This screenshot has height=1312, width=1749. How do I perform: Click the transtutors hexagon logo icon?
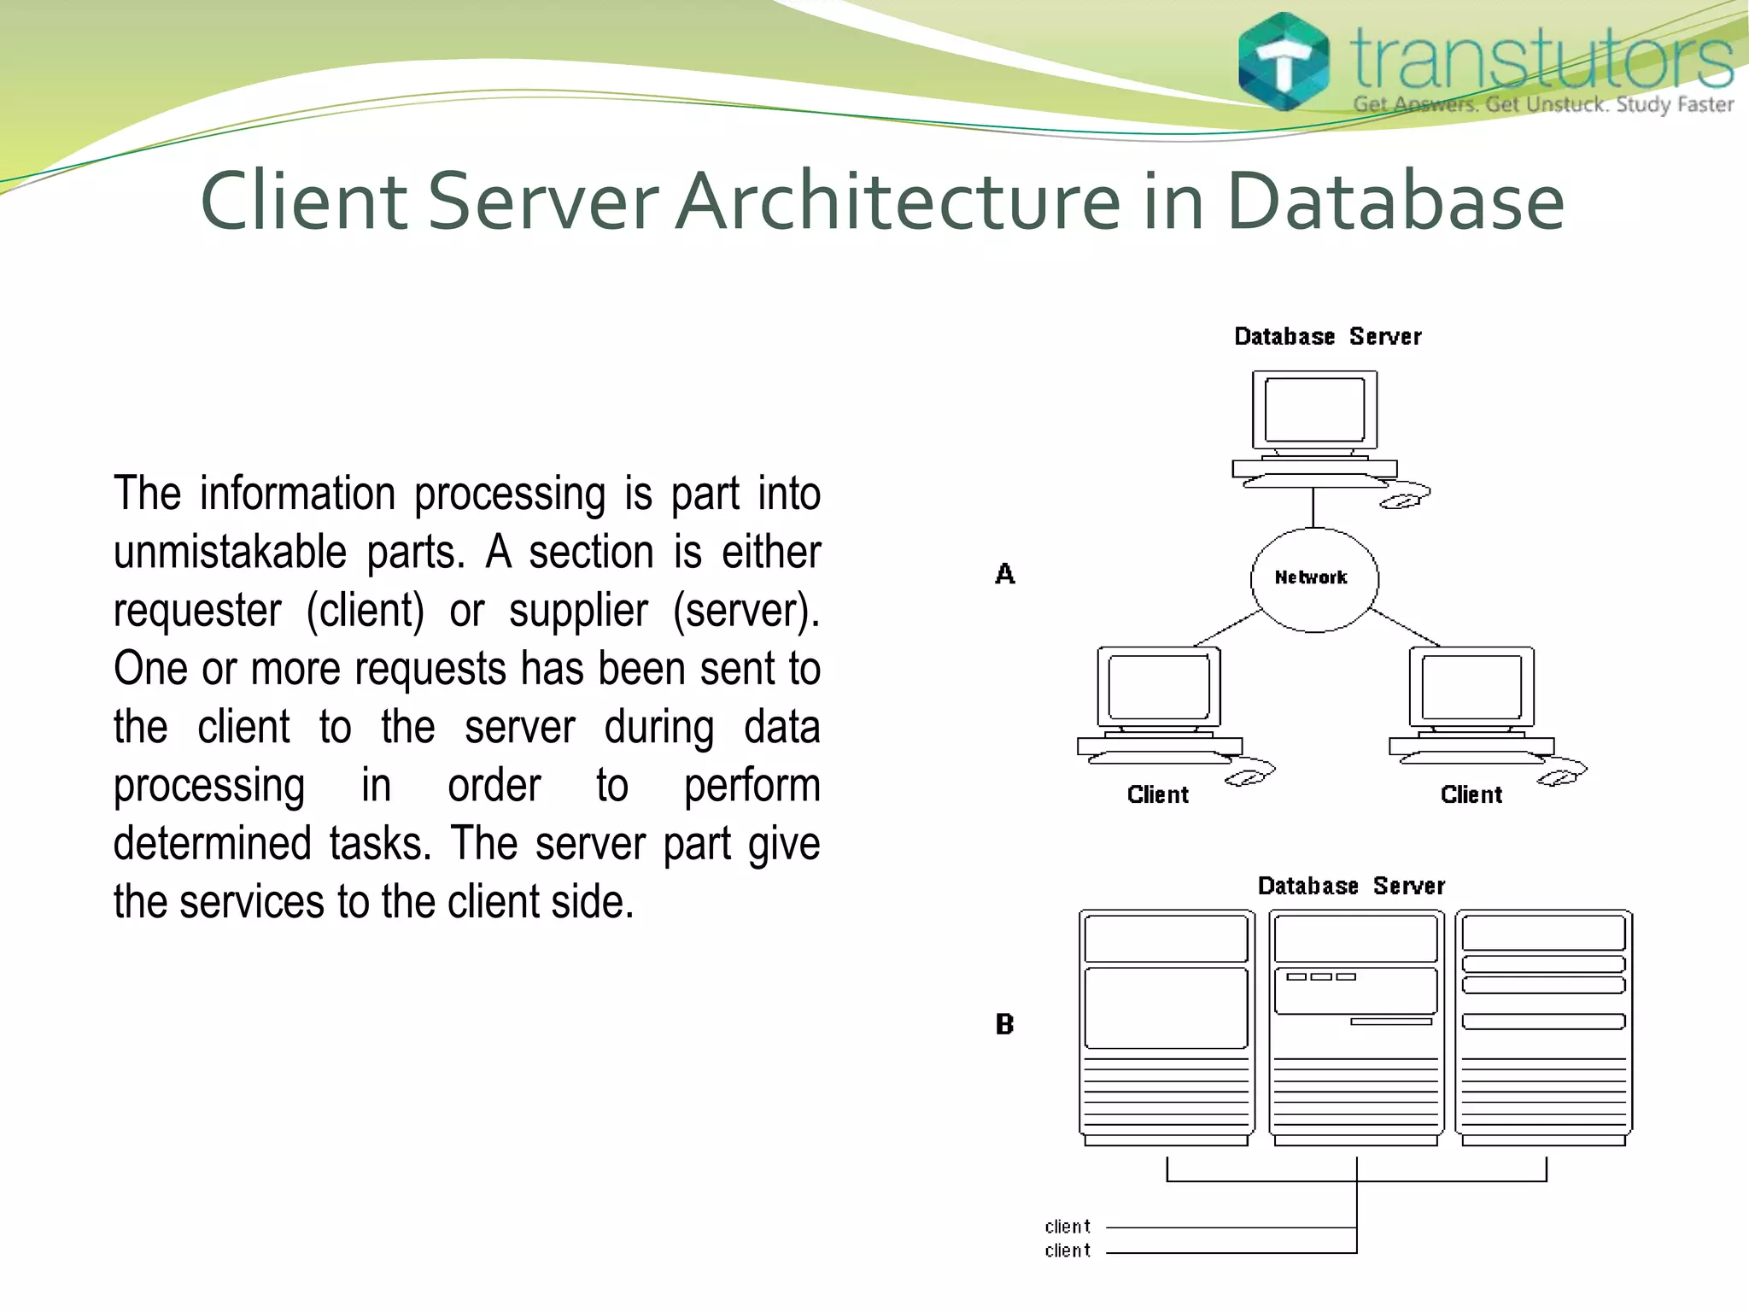point(1284,61)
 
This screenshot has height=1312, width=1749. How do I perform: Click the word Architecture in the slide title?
point(897,202)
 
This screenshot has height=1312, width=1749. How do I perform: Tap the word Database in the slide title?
point(1395,202)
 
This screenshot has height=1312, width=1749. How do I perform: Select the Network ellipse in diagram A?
point(1313,579)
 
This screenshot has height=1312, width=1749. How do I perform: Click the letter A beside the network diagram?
point(1005,574)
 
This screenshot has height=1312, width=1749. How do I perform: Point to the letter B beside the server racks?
point(1005,1024)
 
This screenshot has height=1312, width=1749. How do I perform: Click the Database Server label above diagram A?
point(1328,337)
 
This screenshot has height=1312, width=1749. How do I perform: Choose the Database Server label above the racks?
point(1351,886)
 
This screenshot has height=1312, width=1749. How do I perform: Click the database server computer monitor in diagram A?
point(1314,410)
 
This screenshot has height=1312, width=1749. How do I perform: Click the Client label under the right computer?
point(1471,795)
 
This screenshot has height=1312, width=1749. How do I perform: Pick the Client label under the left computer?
point(1157,795)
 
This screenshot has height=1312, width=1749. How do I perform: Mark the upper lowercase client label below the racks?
point(1068,1227)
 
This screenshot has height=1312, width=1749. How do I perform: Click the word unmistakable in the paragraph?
point(230,553)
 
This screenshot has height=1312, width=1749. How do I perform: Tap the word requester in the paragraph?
point(197,611)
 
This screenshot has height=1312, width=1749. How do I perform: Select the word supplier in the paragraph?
point(578,611)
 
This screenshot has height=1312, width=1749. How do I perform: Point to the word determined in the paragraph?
point(212,844)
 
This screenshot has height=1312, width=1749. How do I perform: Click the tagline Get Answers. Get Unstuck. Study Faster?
point(1543,105)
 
